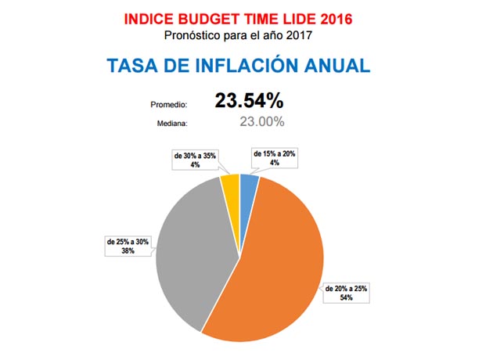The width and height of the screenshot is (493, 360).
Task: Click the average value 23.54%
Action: click(249, 101)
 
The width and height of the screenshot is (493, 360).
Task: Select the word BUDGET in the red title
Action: click(209, 16)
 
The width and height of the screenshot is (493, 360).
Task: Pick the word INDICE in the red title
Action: click(151, 16)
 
